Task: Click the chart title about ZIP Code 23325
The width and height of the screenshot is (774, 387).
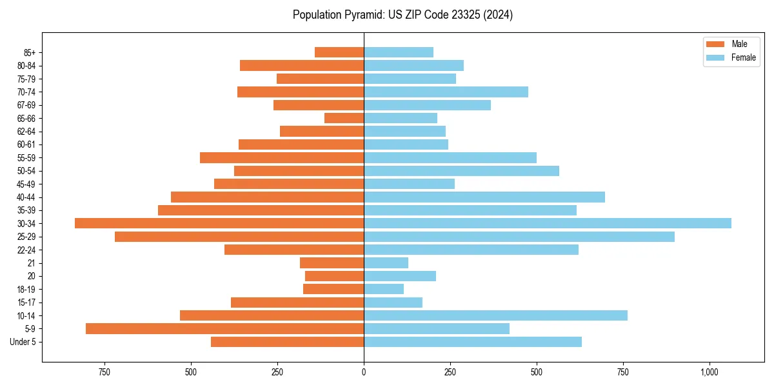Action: (402, 15)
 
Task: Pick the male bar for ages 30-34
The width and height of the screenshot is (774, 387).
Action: (219, 223)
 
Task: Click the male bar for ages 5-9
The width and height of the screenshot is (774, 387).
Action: (224, 329)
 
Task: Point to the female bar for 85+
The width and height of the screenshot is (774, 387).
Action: (399, 52)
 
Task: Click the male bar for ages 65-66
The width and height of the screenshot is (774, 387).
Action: (344, 118)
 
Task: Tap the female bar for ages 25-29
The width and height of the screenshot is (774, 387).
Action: (519, 237)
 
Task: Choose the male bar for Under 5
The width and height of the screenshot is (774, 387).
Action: (287, 342)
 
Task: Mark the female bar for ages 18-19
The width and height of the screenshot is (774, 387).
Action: (384, 289)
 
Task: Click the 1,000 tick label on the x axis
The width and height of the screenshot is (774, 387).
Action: (709, 372)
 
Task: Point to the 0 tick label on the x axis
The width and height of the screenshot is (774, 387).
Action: (364, 372)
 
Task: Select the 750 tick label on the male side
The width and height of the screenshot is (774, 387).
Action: (104, 372)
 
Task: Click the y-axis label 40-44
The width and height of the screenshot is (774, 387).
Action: (26, 197)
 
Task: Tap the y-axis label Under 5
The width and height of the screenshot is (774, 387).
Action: (23, 342)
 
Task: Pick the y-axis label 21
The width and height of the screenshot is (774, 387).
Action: (32, 263)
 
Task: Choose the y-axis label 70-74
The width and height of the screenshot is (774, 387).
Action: (26, 92)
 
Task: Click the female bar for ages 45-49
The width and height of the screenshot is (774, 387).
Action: (409, 184)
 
